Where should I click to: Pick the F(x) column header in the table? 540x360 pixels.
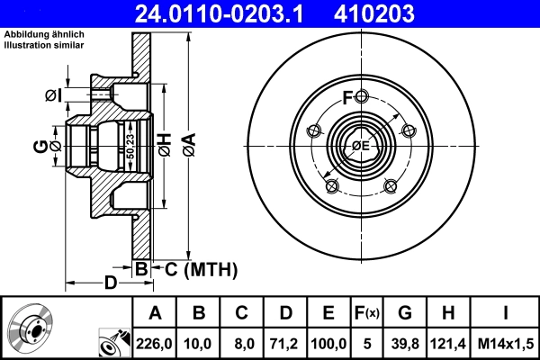[366, 313]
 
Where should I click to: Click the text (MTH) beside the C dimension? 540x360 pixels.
[210, 268]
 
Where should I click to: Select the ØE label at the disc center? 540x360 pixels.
[361, 145]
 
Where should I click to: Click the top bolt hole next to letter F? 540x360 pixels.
[361, 97]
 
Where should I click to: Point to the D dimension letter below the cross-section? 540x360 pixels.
[110, 284]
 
